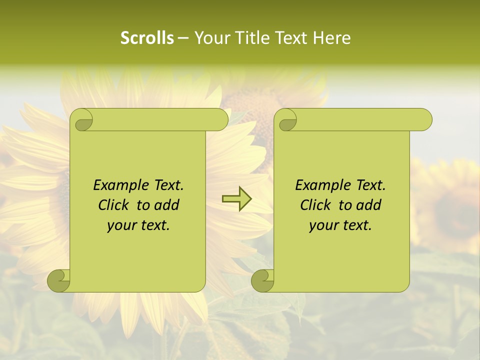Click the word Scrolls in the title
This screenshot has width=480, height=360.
coord(147,38)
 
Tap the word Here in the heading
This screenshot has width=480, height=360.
coord(331,38)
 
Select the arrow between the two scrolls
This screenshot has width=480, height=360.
coord(236,199)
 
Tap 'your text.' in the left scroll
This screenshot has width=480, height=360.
coord(138,225)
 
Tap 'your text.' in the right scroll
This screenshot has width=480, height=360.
coord(340,225)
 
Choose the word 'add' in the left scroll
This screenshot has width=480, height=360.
coord(167,205)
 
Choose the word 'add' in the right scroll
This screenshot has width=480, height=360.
coord(369,205)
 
